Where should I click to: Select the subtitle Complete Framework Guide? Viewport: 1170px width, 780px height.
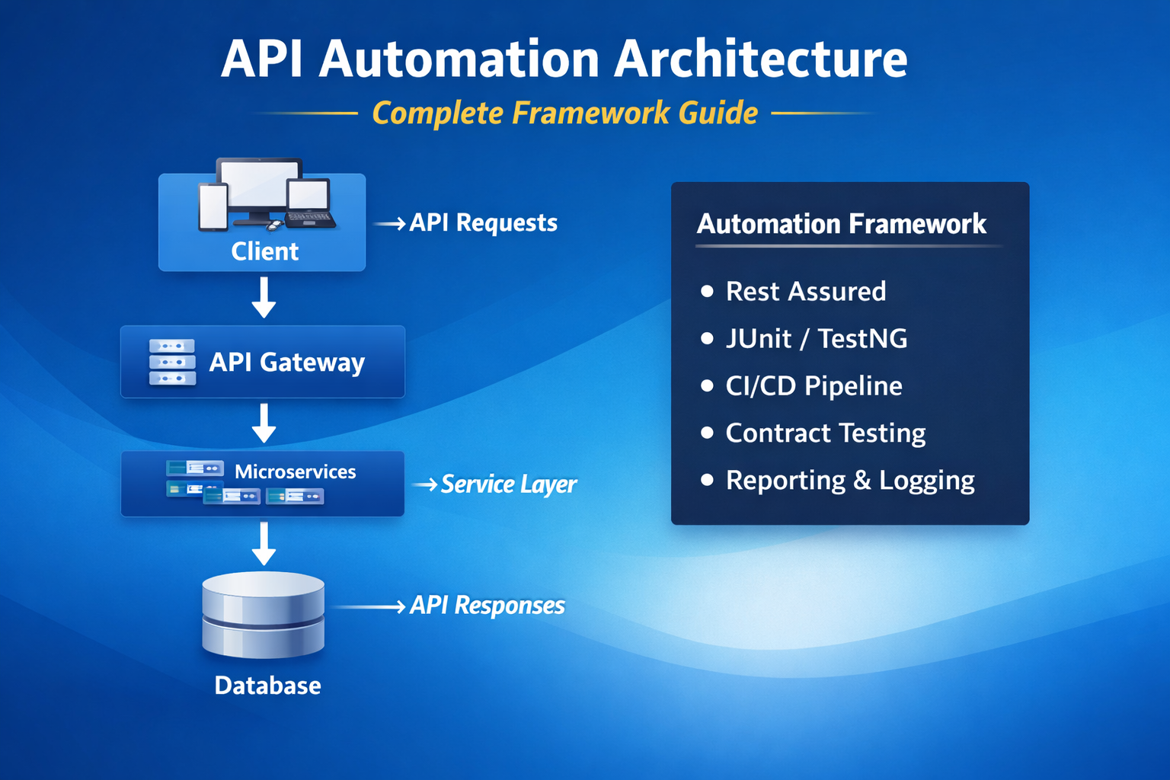564,113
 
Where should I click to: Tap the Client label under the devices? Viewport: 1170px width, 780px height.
264,251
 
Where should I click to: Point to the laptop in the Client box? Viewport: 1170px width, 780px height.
310,204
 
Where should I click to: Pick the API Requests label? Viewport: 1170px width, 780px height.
483,222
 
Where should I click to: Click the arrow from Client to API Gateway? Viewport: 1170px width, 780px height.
264,297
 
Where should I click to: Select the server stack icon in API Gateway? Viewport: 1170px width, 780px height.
172,362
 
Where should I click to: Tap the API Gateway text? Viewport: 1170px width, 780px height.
287,362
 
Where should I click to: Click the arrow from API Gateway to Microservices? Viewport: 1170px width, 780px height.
264,423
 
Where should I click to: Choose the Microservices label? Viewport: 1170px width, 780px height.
295,472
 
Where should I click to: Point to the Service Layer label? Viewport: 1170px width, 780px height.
508,484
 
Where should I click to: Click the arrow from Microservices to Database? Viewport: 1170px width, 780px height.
264,543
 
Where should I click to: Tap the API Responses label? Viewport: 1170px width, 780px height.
487,606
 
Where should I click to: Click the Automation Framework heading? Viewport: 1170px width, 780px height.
841,224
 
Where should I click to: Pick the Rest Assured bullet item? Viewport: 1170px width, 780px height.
806,291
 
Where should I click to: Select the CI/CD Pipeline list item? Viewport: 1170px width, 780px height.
814,385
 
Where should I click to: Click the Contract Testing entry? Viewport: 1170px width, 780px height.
825,433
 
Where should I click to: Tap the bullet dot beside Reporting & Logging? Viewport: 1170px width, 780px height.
707,480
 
